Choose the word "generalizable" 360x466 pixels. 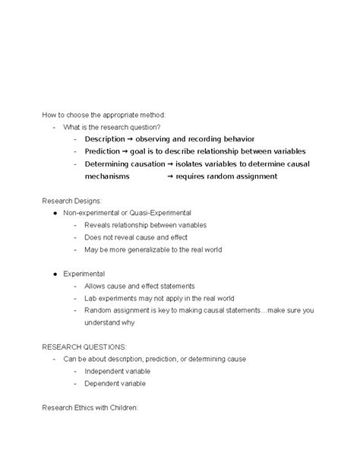coord(150,250)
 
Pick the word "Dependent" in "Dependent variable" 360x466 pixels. coord(104,383)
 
